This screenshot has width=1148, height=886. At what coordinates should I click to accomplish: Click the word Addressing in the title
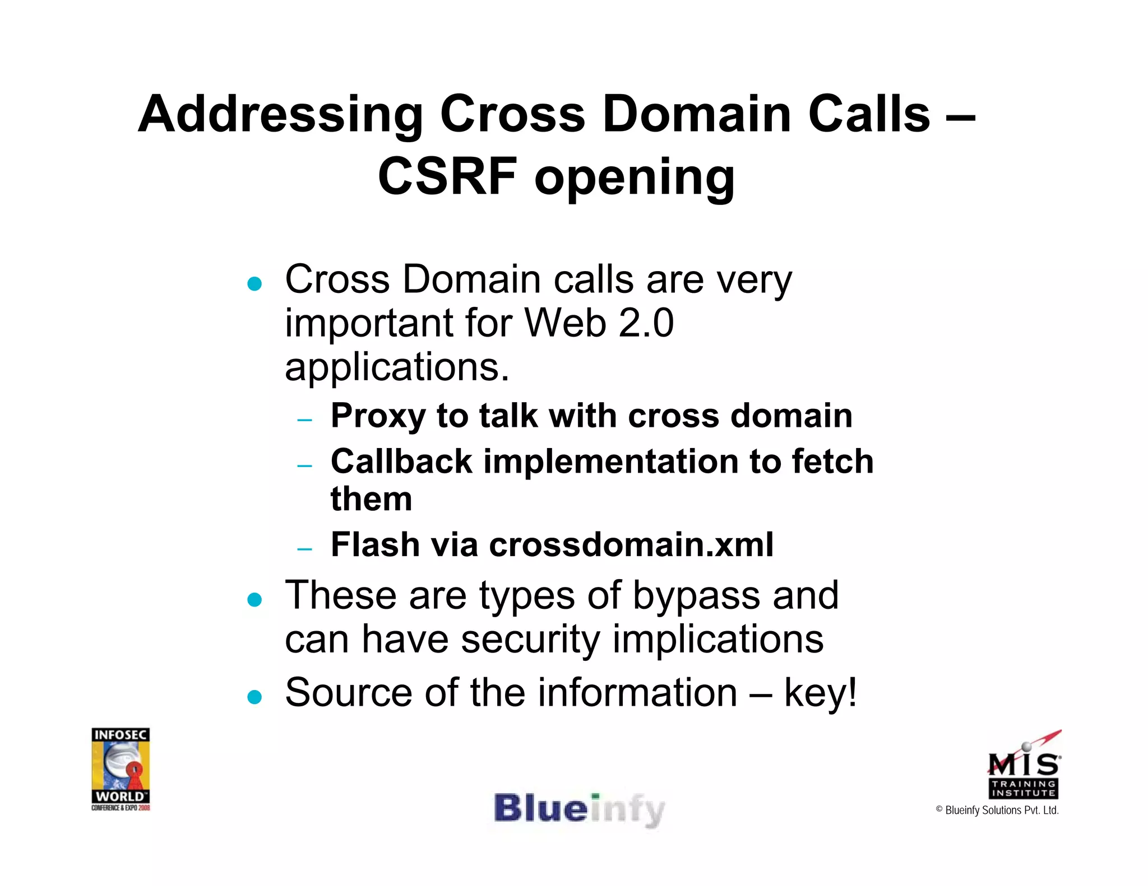(280, 115)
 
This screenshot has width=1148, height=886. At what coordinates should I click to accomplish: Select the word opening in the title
(634, 178)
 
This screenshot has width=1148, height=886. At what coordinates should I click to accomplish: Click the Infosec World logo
(121, 768)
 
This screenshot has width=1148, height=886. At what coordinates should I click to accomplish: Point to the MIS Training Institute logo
(1024, 766)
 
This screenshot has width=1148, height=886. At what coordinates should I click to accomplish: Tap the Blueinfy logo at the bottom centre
(579, 810)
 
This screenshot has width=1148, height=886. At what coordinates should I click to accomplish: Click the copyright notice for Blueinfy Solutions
(997, 810)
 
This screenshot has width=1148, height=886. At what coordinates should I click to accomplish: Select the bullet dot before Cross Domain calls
(254, 284)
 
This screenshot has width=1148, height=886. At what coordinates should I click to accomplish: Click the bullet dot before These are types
(254, 600)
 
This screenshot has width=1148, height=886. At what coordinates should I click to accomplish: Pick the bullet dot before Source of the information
(254, 697)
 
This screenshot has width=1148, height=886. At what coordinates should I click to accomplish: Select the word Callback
(401, 461)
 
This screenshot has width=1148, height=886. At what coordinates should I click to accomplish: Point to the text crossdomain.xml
(631, 544)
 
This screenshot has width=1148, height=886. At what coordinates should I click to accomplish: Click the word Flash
(375, 544)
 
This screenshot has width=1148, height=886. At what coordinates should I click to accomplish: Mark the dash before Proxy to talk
(304, 419)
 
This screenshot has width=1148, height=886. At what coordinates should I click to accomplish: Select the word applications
(397, 367)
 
